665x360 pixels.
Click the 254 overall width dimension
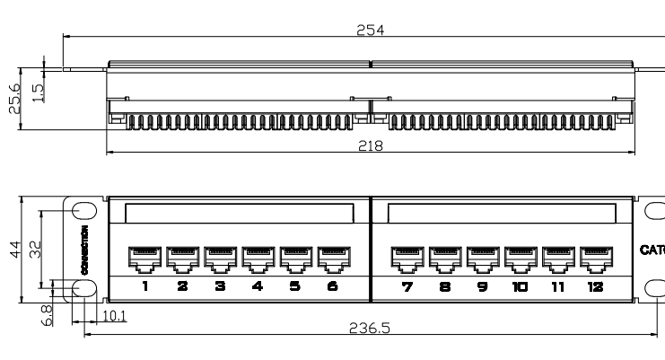(x=370, y=30)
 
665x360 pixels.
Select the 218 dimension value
(x=370, y=146)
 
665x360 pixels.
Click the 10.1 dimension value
(x=113, y=316)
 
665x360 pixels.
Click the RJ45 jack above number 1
(x=145, y=259)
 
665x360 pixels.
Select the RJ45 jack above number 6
(x=333, y=259)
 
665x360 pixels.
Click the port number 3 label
(x=220, y=286)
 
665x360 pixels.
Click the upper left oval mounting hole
(x=84, y=210)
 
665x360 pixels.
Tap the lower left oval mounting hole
(x=84, y=287)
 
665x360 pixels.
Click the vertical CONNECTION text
(x=84, y=249)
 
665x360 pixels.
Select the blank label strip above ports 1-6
(x=239, y=213)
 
